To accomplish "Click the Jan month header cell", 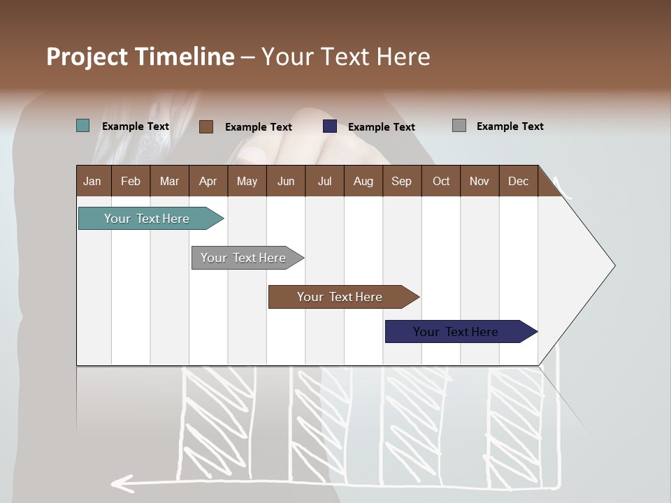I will [93, 181].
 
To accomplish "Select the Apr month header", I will [208, 181].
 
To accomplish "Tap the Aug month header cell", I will [363, 181].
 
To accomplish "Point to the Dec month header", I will [518, 181].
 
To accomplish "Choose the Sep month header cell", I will [401, 181].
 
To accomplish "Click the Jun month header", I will [285, 181].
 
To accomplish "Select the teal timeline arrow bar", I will [147, 219].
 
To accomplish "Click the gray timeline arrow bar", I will [243, 258].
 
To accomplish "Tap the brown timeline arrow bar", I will [340, 297].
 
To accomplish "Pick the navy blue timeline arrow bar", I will [456, 332].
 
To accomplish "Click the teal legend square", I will [83, 126].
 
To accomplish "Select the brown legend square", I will [205, 126].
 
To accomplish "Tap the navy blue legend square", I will [330, 126].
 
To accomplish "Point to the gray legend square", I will [459, 126].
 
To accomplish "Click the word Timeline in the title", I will [185, 57].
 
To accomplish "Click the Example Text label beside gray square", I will [510, 126].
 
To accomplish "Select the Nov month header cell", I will [479, 181].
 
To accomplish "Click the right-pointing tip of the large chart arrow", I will [613, 265].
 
